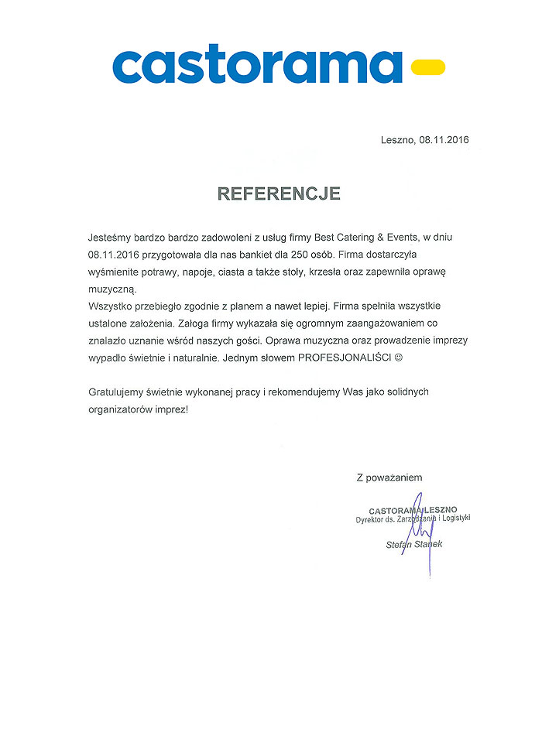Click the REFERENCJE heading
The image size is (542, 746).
(279, 193)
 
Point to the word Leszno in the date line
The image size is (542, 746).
(398, 140)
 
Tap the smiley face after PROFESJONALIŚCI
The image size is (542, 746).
(400, 359)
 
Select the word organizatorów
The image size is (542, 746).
(123, 410)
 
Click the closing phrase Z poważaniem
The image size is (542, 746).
(389, 477)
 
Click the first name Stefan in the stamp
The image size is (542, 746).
(400, 545)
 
